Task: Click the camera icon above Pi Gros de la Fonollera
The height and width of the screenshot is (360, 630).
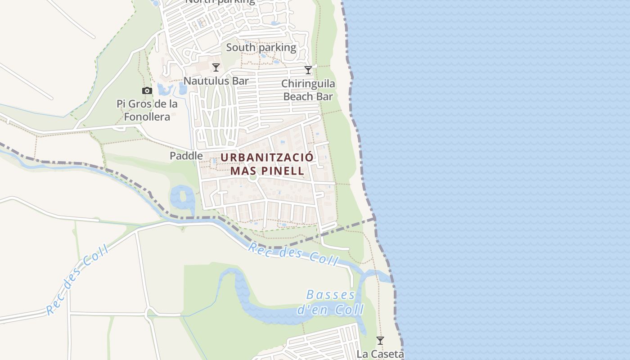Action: (147, 91)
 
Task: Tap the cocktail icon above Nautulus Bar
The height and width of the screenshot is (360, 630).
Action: (216, 67)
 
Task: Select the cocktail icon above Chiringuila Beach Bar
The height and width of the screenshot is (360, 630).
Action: (308, 70)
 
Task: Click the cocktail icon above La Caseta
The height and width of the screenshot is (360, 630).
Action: (380, 341)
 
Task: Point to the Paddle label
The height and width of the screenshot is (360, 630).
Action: (186, 156)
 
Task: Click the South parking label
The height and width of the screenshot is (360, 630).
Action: (261, 47)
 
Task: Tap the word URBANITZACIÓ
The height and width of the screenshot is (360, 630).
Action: (266, 158)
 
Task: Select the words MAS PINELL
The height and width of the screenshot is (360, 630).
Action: (267, 171)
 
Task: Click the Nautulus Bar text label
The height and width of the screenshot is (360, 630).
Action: (216, 81)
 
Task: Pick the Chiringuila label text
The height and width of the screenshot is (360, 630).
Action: (308, 84)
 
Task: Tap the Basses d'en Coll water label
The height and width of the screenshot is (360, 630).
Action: (331, 302)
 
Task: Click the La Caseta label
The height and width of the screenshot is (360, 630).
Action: (380, 354)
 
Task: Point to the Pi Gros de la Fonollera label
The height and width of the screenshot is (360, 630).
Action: (147, 110)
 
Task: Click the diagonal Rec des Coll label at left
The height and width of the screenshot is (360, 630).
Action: (77, 280)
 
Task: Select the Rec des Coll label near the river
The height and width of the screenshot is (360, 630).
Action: (293, 253)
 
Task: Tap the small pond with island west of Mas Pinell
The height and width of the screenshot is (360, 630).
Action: (183, 197)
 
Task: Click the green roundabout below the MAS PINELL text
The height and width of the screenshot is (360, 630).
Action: (253, 177)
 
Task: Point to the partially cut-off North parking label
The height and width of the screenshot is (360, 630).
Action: (220, 2)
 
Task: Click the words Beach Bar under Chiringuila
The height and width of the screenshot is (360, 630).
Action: (308, 96)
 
